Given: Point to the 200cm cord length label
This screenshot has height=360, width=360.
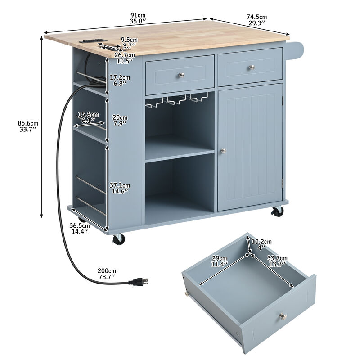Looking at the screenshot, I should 106,274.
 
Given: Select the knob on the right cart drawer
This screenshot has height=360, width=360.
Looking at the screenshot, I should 252,68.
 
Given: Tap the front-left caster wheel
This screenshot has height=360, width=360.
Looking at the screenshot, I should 119,239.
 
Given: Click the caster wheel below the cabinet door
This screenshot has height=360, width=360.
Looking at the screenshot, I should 278,211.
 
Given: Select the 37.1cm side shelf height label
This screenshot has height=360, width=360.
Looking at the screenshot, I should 120,188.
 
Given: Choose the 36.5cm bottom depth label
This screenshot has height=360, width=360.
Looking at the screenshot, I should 79,229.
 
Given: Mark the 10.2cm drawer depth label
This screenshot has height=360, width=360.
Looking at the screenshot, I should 261,244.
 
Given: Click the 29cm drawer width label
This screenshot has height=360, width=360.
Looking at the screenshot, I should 220,261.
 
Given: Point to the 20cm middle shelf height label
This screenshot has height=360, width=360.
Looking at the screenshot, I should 119,120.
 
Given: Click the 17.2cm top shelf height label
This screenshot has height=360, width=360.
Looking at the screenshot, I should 120,80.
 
